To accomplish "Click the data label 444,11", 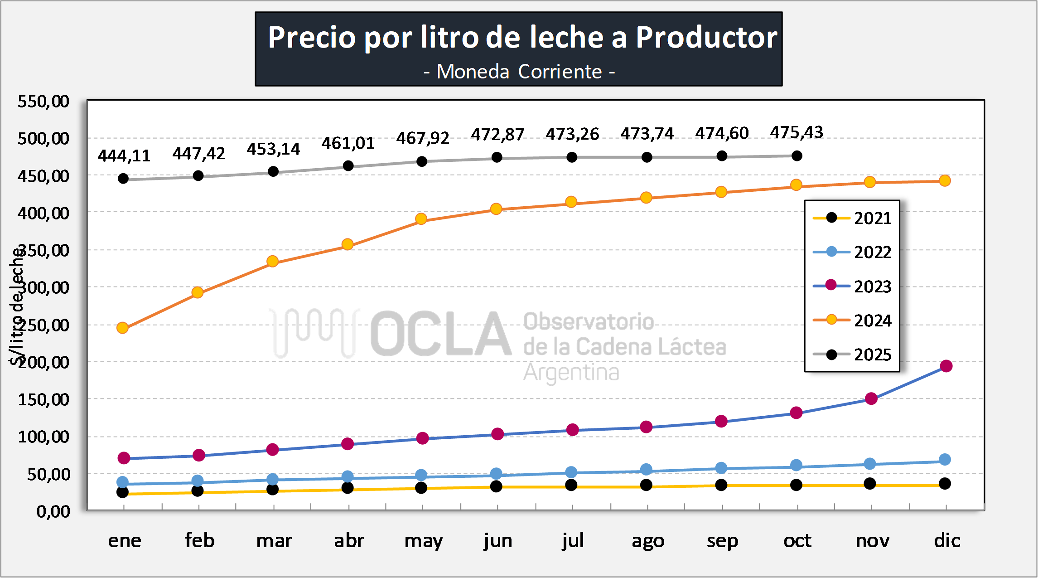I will (124, 156).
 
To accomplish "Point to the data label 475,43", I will (797, 132).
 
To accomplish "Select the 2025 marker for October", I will (797, 156).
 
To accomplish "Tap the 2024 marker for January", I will (122, 328).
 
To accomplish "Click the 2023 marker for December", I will (946, 366).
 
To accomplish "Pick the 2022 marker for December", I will (945, 460).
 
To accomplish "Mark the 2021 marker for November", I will (870, 484).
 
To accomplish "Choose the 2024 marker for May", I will (421, 219).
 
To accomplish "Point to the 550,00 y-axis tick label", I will (43, 101).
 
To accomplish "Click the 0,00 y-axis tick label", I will (53, 511).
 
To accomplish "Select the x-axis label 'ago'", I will (648, 540).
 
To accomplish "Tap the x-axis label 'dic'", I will (947, 540).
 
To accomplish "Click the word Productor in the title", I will (706, 37).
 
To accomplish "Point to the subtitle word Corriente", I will (560, 72).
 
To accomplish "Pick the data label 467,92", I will (423, 138).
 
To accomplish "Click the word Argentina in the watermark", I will (571, 373).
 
